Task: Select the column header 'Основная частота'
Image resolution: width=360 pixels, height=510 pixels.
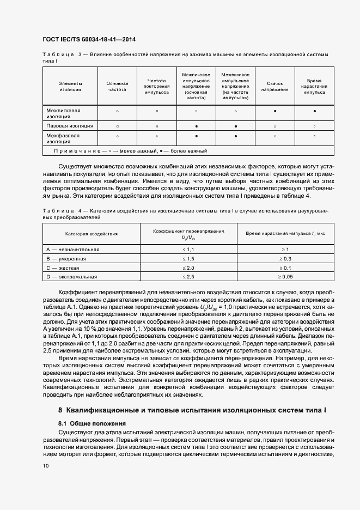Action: point(117,86)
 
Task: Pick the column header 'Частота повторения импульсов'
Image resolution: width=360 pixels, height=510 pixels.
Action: point(156,86)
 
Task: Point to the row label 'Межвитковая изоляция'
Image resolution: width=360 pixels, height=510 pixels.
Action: point(63,113)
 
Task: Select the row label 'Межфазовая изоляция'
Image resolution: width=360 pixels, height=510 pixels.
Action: point(63,138)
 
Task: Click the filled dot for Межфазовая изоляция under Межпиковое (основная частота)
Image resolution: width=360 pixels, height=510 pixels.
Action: point(196,136)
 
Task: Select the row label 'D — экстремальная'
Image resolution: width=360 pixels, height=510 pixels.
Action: point(71,277)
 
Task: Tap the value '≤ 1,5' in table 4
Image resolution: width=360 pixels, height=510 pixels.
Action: point(188,258)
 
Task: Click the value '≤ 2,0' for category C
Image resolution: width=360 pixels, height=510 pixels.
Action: point(188,268)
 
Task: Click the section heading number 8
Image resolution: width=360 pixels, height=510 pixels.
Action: point(60,409)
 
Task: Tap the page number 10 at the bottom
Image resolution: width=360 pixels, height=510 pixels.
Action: point(46,466)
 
